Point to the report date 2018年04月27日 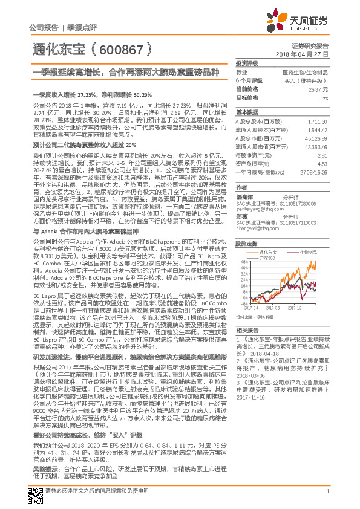point(301,54)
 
